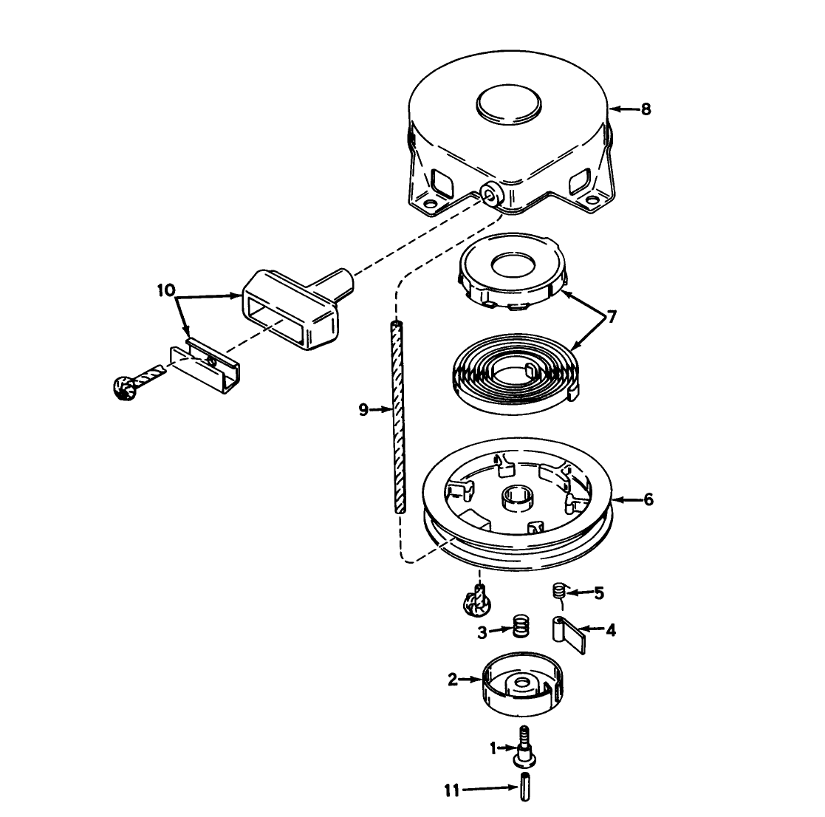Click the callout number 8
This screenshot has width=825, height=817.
point(646,109)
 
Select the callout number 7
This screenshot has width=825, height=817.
point(612,317)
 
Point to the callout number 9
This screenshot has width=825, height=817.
point(363,409)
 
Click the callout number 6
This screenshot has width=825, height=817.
point(648,499)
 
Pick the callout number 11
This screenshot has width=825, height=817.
point(451,790)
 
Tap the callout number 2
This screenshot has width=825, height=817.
point(453,680)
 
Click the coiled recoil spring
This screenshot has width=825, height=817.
point(516,373)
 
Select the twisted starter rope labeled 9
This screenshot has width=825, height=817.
point(398,417)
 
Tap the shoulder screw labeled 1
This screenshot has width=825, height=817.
point(524,748)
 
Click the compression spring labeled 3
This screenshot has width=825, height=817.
point(521,626)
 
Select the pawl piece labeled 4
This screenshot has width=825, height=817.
point(568,635)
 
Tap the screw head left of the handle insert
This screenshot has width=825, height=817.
point(124,389)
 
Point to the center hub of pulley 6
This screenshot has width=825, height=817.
point(518,498)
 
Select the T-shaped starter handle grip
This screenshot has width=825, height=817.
point(295,306)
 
